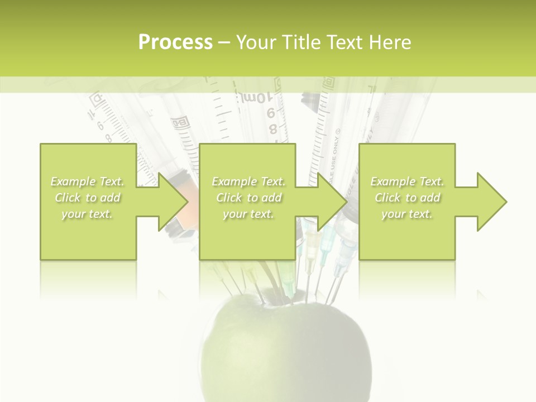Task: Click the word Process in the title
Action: (175, 42)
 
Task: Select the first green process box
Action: (88, 234)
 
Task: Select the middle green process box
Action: (247, 234)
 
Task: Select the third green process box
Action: (406, 234)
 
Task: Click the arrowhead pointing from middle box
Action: (332, 202)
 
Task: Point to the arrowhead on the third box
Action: (491, 202)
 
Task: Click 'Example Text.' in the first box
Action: (88, 181)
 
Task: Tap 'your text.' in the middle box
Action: (248, 214)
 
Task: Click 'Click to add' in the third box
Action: (407, 198)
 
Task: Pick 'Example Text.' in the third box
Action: (407, 181)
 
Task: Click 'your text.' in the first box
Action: (87, 214)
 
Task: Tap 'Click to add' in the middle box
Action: (248, 198)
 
